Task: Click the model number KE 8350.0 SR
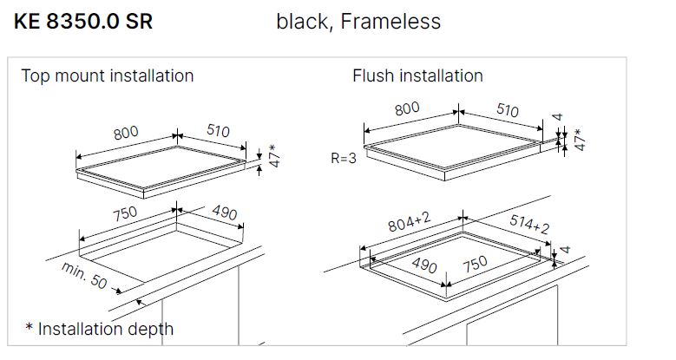[83, 22]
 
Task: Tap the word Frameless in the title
[391, 22]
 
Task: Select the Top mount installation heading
[108, 75]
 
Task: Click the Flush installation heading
[417, 75]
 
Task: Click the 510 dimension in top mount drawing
[218, 131]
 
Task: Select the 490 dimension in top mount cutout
[224, 213]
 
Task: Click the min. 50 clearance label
[85, 276]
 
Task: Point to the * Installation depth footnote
[100, 329]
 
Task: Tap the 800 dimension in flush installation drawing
[407, 108]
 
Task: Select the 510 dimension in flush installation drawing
[506, 110]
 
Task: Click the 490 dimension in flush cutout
[423, 265]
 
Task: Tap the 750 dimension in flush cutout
[476, 265]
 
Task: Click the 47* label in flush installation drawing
[581, 141]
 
